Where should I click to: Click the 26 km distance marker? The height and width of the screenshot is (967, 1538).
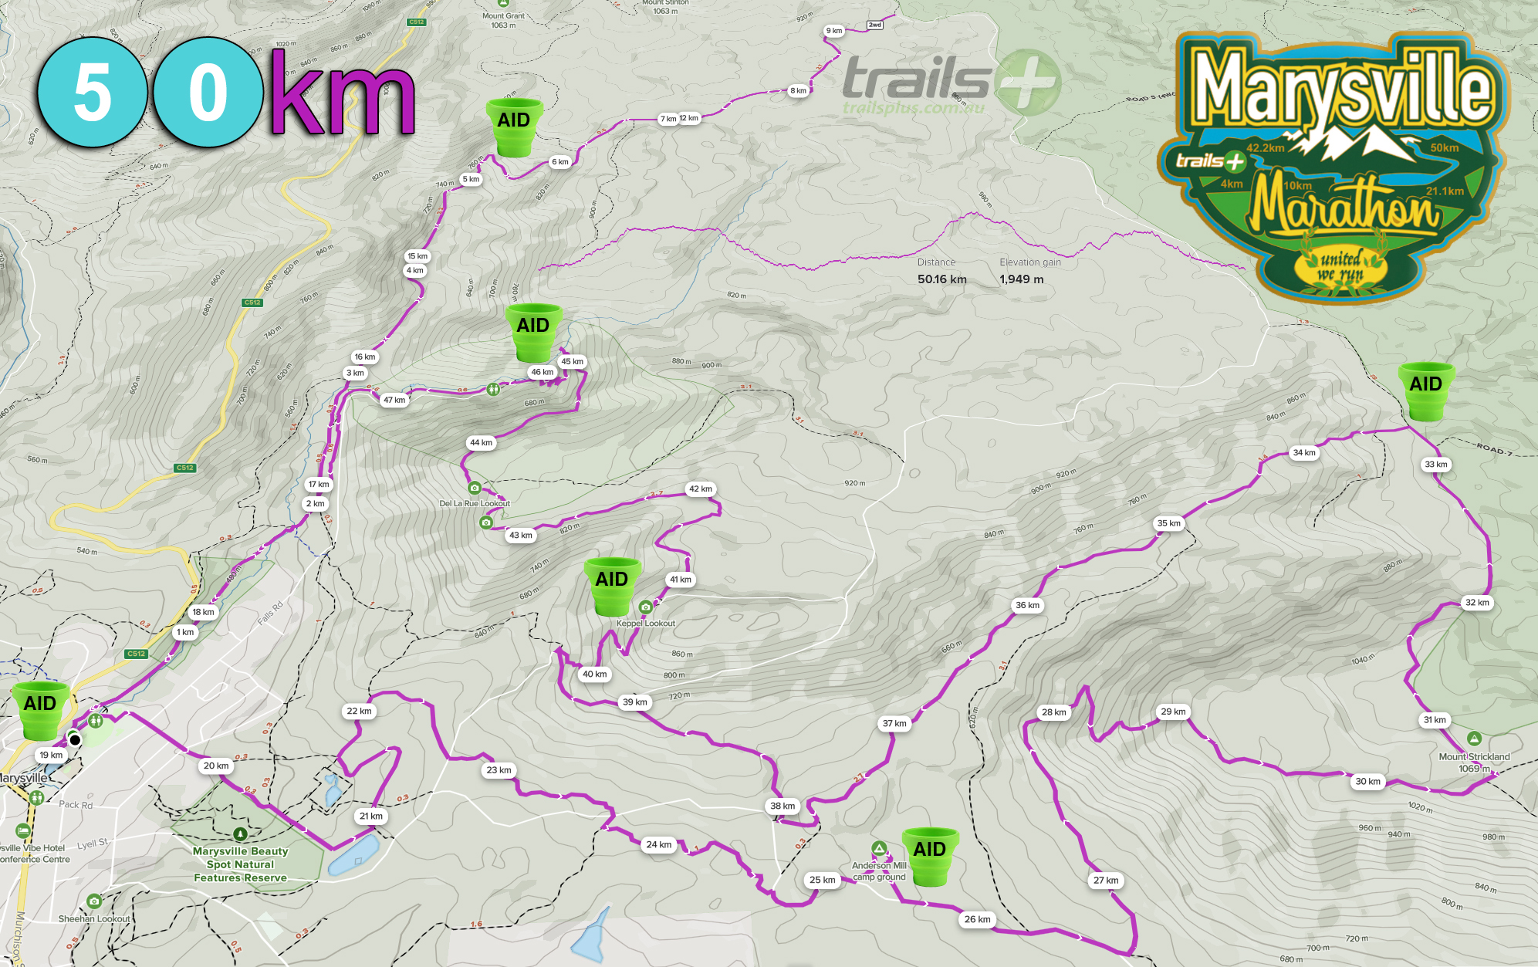tap(977, 919)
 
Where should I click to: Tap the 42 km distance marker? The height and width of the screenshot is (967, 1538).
tap(701, 489)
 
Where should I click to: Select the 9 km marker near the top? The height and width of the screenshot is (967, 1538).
tap(834, 31)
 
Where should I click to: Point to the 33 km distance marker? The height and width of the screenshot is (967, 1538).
tap(1436, 464)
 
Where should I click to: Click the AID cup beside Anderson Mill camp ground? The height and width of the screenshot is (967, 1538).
tap(930, 855)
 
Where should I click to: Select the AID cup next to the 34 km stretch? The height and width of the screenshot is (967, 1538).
tap(1425, 390)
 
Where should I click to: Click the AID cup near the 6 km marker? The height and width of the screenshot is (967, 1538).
tap(514, 127)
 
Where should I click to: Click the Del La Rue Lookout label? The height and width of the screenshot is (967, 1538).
tap(475, 503)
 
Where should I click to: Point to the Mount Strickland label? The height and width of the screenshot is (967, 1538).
tap(1474, 757)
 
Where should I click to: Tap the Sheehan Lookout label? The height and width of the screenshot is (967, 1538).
tap(94, 918)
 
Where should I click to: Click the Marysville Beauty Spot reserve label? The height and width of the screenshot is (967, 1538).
tap(240, 864)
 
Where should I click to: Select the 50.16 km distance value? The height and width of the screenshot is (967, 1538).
tap(941, 279)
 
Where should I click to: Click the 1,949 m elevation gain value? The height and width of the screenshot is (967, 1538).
tap(1021, 279)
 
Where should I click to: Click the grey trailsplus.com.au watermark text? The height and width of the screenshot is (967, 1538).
tap(914, 108)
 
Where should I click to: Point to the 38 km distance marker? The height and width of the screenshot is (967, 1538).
tap(783, 806)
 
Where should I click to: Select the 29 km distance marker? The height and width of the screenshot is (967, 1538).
tap(1173, 712)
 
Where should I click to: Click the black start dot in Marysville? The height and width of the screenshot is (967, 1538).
tap(75, 740)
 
